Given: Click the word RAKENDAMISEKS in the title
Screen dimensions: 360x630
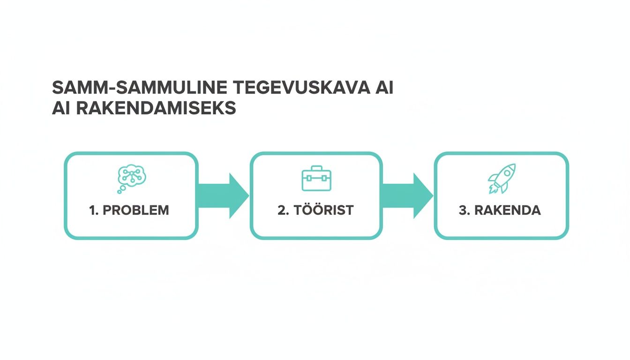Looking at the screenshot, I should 155,108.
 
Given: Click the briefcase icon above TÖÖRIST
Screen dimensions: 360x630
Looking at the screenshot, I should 316,179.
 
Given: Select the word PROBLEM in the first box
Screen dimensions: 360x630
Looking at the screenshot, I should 135,210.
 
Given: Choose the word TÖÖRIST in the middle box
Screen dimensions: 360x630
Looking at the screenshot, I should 324,210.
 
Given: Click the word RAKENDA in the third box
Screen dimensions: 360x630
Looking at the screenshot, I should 508,210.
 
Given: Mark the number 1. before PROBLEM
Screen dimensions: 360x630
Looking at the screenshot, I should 94,210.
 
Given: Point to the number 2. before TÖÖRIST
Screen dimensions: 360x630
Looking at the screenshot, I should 283,210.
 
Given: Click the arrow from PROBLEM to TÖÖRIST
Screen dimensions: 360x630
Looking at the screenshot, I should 224,195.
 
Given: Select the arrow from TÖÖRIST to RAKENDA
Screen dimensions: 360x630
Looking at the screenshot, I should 408,195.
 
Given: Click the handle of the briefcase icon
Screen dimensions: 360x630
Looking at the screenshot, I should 316,168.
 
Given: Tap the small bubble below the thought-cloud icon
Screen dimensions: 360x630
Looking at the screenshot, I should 120,191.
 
